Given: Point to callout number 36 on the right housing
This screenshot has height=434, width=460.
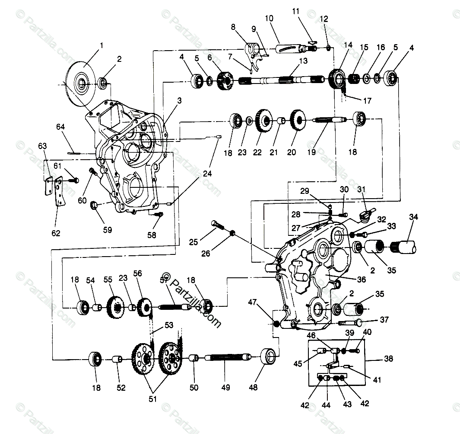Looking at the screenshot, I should click(x=361, y=280).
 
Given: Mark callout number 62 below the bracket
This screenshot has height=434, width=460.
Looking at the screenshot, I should click(x=56, y=233).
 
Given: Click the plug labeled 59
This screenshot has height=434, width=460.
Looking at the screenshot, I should click(x=94, y=203).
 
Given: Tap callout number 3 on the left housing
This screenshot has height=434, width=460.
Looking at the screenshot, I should click(x=179, y=100).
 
